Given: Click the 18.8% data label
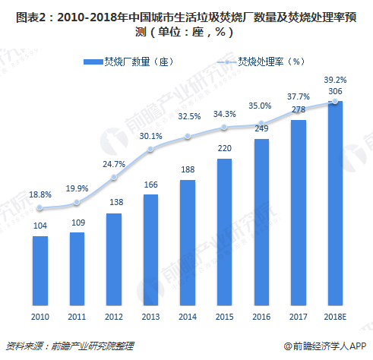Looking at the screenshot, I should pos(40,194).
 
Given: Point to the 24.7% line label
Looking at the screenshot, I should pos(114,163).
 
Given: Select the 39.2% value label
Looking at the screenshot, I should pos(335,79).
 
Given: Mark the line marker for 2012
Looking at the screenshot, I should pos(114,177).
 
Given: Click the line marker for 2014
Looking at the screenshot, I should pos(188,137).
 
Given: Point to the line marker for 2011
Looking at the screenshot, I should pos(77,203).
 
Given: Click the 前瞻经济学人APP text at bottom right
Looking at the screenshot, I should pos(333,345).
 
